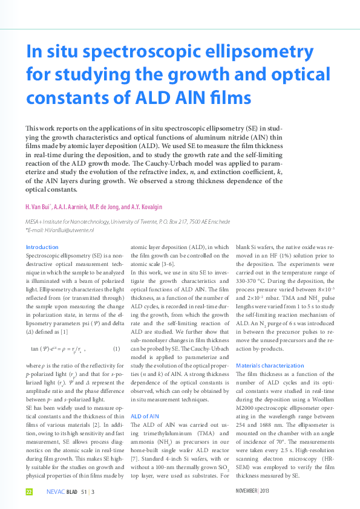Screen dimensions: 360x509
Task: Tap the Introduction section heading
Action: [x=42, y=247]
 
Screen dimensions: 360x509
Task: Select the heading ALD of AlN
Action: [x=145, y=416]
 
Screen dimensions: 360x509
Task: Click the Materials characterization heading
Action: [x=270, y=366]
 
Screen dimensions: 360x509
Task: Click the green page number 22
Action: [x=28, y=492]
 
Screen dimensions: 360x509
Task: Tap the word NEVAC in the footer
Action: [x=55, y=492]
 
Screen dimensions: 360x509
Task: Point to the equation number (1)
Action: [x=117, y=349]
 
